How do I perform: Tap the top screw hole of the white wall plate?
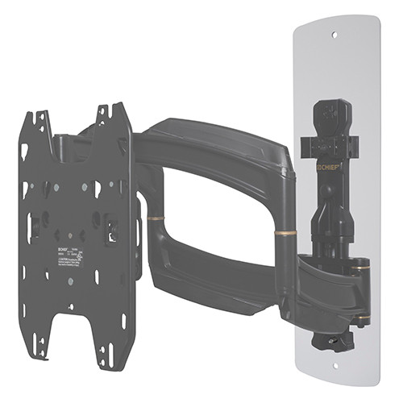point(335,34)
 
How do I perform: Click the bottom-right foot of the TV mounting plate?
point(106,354)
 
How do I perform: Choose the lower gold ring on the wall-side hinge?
point(364,320)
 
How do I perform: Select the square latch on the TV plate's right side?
point(114,231)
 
